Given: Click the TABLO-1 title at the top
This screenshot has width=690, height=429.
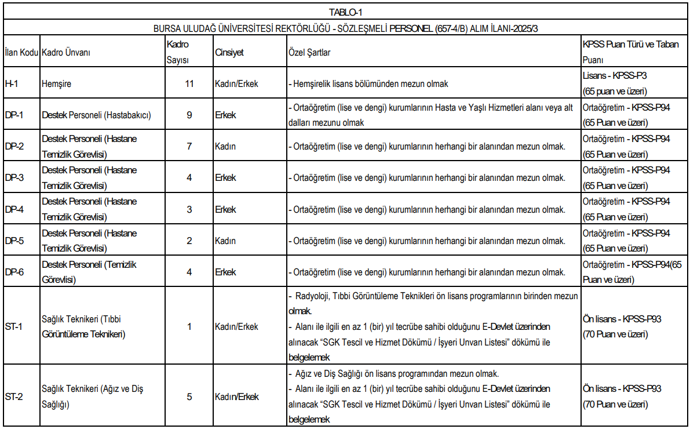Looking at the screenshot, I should click(345, 11).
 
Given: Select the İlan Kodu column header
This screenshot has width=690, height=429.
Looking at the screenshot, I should click(21, 52).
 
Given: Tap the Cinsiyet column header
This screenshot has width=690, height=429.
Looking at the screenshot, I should click(229, 52).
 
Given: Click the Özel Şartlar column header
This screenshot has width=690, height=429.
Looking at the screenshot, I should click(309, 52).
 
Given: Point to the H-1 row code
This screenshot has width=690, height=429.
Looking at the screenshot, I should click(12, 83).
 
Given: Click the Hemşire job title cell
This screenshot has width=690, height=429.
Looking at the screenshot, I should click(56, 83).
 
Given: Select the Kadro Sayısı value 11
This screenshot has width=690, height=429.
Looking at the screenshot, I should click(189, 83).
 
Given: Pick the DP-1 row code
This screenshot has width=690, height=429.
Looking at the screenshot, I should click(14, 115).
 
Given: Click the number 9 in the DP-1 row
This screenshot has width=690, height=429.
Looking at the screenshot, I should click(189, 115).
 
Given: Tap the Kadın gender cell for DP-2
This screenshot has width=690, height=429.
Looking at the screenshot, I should click(225, 146).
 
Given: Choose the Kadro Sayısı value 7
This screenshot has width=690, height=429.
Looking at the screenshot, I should click(189, 146).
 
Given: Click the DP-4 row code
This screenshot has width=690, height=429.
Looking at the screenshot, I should click(14, 209).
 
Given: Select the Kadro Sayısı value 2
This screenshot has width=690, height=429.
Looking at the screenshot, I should click(189, 241).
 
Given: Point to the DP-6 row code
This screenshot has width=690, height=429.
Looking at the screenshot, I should click(14, 272).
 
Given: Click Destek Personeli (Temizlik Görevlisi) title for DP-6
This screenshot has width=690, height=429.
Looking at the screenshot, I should click(89, 272).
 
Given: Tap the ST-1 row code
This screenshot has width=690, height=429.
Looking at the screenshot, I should click(13, 326).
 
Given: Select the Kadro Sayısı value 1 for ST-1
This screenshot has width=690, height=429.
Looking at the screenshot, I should click(189, 326).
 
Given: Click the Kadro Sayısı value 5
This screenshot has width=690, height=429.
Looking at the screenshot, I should click(189, 397).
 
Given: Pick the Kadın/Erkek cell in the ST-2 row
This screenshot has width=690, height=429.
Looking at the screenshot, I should click(236, 397).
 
